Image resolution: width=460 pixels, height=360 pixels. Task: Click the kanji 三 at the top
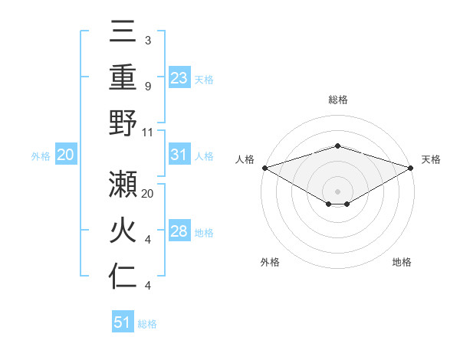123,34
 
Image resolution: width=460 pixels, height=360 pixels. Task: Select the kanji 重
123,79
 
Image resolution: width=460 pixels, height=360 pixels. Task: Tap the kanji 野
123,124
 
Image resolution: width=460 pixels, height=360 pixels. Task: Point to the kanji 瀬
123,187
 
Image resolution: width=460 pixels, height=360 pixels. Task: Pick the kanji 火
123,232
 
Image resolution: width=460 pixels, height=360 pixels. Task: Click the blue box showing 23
179,78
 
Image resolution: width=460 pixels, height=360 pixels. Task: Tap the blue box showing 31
179,155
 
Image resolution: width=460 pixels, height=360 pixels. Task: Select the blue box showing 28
179,231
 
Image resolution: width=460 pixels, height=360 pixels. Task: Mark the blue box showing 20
66,155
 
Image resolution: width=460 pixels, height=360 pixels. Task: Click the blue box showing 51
123,322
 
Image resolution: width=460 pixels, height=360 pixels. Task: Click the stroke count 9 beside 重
147,87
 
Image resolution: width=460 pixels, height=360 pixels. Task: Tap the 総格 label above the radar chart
337,100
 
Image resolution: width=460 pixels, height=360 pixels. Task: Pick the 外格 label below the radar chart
270,262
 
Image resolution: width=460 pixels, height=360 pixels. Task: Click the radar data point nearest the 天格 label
411,168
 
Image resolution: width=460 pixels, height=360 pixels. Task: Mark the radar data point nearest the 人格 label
264,168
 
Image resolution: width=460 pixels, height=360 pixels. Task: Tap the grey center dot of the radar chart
337,191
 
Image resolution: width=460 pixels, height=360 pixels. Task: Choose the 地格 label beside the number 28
204,232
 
